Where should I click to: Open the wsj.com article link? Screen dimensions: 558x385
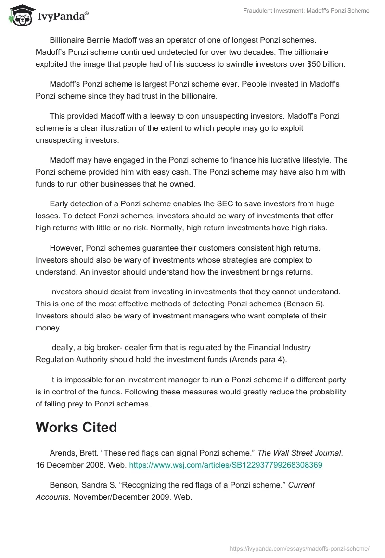[x=226, y=465]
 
